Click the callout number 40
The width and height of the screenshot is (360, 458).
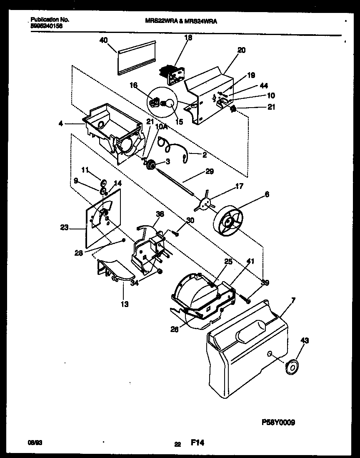(104, 40)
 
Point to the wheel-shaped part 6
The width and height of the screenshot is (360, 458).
(229, 223)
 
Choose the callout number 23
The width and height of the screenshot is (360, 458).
(65, 228)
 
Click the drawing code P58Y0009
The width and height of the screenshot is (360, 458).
(279, 422)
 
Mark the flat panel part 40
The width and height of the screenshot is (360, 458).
(136, 58)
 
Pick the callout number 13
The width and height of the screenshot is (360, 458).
(124, 304)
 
